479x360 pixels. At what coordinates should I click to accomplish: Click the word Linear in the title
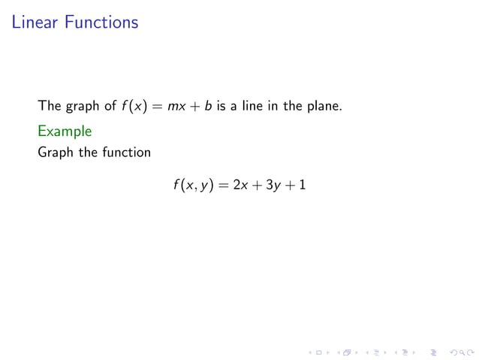coord(35,23)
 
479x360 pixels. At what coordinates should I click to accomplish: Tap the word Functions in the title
coord(101,23)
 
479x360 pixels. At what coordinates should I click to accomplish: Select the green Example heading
coord(65,131)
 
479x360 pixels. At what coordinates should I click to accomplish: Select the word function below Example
coord(127,153)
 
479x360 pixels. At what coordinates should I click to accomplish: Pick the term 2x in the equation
coord(240,185)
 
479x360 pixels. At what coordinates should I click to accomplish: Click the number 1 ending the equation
coord(302,185)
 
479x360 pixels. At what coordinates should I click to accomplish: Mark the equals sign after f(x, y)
coord(222,185)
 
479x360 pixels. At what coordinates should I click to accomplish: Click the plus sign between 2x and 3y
coord(256,185)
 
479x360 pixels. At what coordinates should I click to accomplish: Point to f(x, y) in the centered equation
coord(192,185)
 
